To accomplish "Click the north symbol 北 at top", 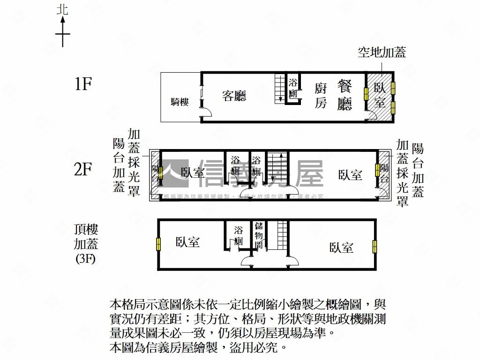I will [x=62, y=10].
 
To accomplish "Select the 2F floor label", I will [x=82, y=169].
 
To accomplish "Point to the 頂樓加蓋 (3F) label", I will [x=86, y=244].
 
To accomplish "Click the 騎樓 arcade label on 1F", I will [x=180, y=102].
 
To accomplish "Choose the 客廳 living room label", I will [x=234, y=96].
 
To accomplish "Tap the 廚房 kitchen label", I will [x=321, y=95].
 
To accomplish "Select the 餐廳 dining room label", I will [x=345, y=95].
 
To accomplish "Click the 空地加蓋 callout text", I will [x=382, y=52].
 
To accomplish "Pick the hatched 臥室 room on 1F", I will [x=380, y=95].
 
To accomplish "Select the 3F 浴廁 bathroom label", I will [x=239, y=236].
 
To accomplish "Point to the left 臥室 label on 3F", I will [x=188, y=242].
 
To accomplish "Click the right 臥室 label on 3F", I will [x=341, y=247].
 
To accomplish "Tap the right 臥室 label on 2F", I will [x=350, y=175].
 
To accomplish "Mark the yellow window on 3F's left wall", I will [x=158, y=244].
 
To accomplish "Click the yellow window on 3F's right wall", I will [x=375, y=246].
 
